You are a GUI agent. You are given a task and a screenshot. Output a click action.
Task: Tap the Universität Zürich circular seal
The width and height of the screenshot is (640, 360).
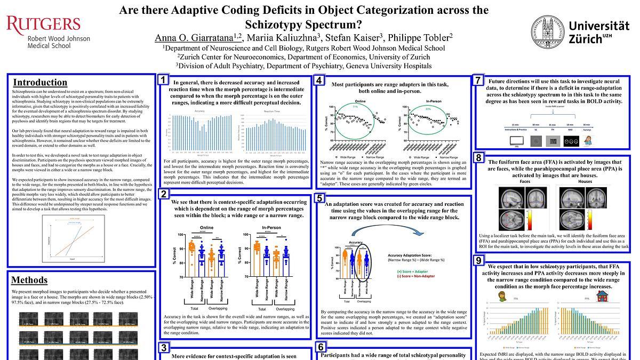[546, 31]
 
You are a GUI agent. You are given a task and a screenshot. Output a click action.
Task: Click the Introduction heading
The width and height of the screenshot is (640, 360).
[40, 83]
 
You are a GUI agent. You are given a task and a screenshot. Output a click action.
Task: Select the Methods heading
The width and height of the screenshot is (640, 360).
[29, 280]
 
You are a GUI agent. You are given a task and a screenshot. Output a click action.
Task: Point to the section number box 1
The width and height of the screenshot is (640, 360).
[164, 80]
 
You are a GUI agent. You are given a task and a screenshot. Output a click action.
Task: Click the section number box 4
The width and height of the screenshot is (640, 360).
[318, 81]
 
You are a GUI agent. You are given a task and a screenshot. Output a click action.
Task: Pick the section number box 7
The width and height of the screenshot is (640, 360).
[478, 81]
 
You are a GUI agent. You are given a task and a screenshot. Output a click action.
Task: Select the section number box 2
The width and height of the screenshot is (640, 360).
[164, 194]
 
